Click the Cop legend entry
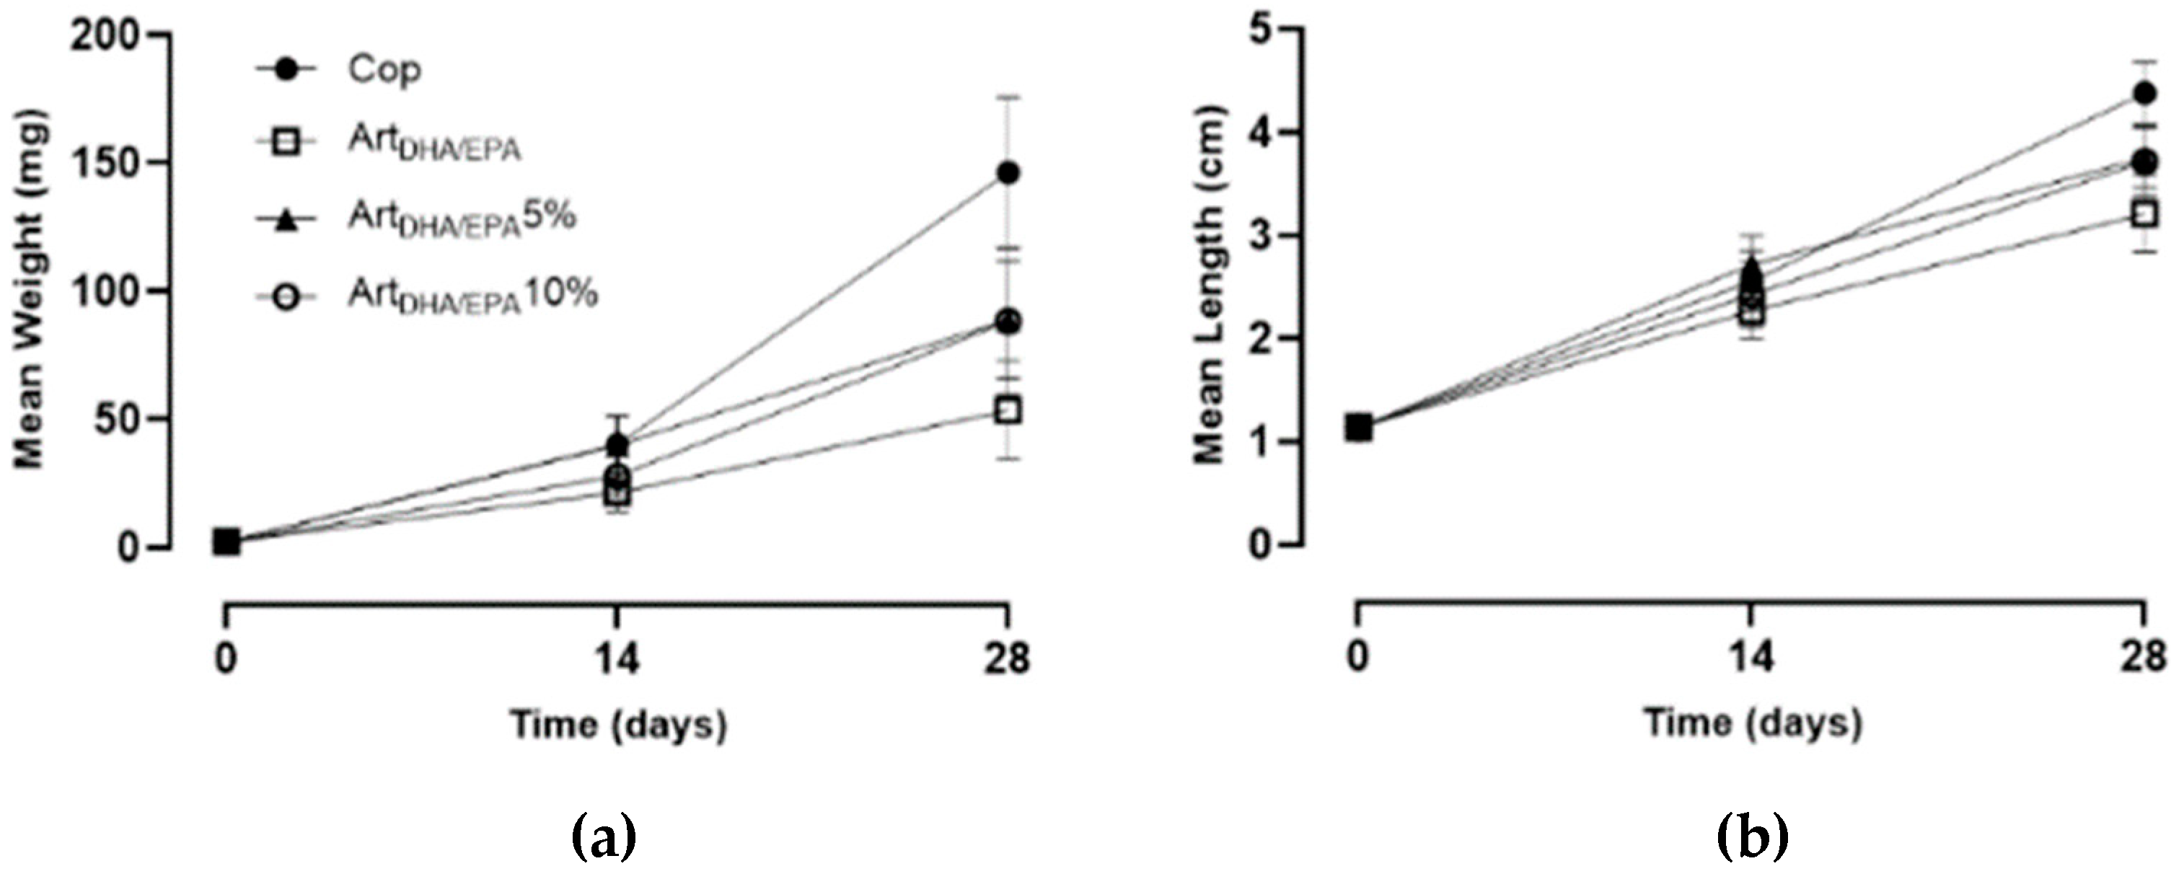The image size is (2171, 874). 384,70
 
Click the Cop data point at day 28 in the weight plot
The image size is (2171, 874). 1008,174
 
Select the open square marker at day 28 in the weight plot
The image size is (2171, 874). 1008,411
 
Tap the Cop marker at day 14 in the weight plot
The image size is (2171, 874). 617,444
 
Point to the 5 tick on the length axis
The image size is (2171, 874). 1261,30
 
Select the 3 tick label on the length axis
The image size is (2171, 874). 1261,236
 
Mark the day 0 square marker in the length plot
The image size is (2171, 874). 1357,428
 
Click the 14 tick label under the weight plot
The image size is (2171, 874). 617,658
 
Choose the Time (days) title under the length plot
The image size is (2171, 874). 1753,723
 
